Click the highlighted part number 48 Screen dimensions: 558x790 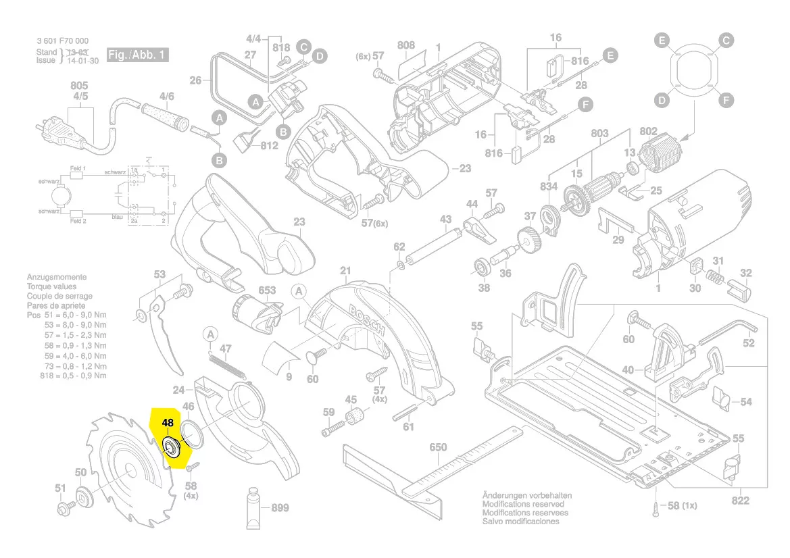168,423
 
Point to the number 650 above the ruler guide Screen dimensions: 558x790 439,448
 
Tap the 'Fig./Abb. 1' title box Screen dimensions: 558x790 137,55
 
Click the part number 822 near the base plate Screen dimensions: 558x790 741,501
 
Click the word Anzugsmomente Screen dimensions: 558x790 57,277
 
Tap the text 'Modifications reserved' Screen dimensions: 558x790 522,504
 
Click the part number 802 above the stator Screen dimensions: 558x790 648,131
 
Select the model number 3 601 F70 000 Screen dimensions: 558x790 62,41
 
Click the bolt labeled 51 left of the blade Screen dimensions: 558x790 68,505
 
